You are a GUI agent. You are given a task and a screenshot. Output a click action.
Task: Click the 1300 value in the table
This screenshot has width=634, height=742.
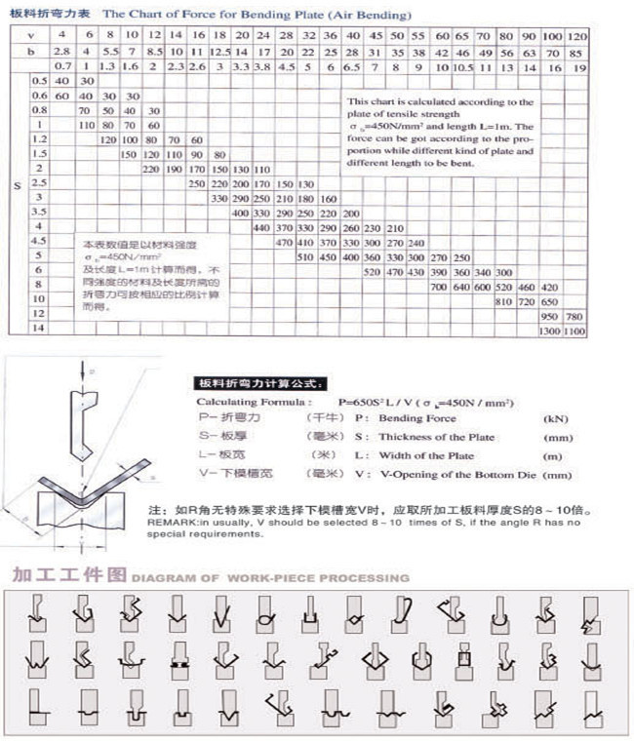point(551,332)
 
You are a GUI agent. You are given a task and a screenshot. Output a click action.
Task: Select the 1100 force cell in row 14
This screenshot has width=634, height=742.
point(575,332)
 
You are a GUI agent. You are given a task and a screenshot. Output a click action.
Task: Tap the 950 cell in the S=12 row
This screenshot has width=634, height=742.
point(551,317)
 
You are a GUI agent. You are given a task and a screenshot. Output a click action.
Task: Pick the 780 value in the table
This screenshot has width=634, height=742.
point(575,317)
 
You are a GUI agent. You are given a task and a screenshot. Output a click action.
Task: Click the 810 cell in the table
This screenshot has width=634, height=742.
point(504,302)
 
